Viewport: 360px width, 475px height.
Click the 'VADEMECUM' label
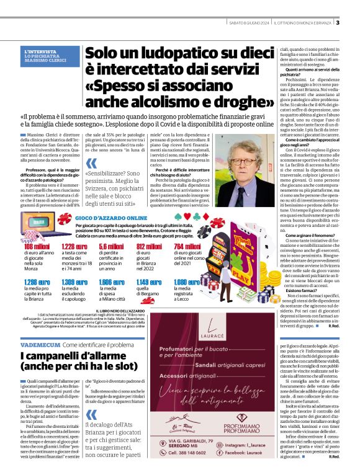click(x=40, y=344)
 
